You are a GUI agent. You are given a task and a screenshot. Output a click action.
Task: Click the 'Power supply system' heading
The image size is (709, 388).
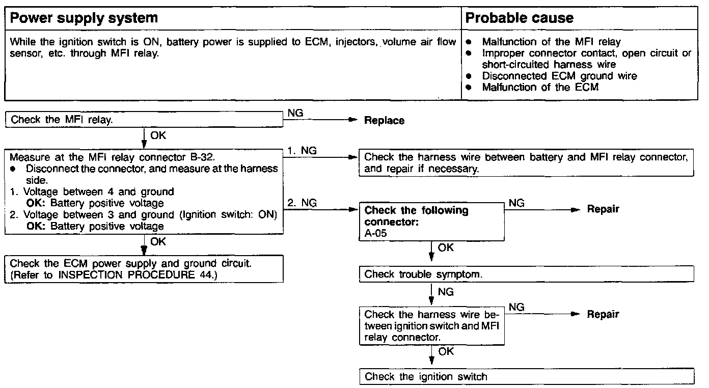click(x=84, y=18)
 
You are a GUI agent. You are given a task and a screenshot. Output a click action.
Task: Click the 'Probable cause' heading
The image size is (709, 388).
click(x=519, y=18)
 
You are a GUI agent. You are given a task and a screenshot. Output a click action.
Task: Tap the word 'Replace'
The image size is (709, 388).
click(x=384, y=121)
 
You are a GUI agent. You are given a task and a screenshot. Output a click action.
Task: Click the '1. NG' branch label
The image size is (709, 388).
click(x=302, y=151)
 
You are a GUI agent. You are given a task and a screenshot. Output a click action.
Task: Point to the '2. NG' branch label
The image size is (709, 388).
click(x=302, y=203)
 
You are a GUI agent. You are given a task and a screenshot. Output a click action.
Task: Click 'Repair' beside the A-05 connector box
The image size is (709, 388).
click(x=603, y=209)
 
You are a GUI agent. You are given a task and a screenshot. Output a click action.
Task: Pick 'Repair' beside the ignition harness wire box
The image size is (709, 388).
click(x=603, y=314)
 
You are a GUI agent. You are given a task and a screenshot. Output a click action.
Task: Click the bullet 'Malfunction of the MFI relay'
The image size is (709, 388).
click(x=551, y=42)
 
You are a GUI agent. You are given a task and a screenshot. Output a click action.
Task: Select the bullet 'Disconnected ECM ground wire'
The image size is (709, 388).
click(x=559, y=76)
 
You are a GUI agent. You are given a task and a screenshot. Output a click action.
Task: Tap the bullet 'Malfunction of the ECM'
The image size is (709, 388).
click(x=540, y=87)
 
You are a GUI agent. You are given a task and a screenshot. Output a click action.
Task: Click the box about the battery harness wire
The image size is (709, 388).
click(x=526, y=163)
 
